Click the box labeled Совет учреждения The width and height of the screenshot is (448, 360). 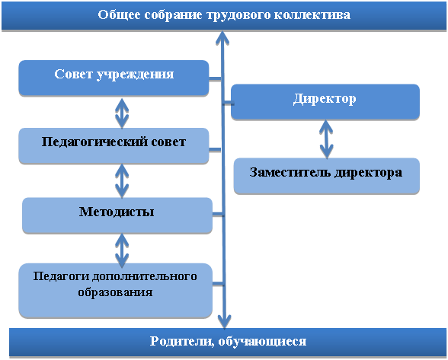[x=114, y=78]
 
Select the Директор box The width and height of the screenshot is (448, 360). [x=325, y=102]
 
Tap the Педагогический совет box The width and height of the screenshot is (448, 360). [x=114, y=146]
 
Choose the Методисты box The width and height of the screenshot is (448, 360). [x=117, y=215]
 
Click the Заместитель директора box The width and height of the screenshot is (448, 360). [x=327, y=176]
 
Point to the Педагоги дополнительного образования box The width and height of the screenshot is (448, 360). [x=116, y=290]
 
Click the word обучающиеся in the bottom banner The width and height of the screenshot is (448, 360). [x=262, y=342]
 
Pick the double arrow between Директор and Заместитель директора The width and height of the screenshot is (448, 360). [x=326, y=139]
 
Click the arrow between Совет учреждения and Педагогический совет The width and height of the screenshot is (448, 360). [x=122, y=113]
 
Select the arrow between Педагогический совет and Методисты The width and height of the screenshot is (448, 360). [x=122, y=181]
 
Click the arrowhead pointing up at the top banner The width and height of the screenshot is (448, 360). [x=222, y=38]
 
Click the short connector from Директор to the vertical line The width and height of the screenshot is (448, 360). [x=228, y=103]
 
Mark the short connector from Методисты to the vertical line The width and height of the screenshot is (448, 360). [x=218, y=214]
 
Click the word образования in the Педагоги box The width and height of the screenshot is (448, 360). [x=115, y=292]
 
